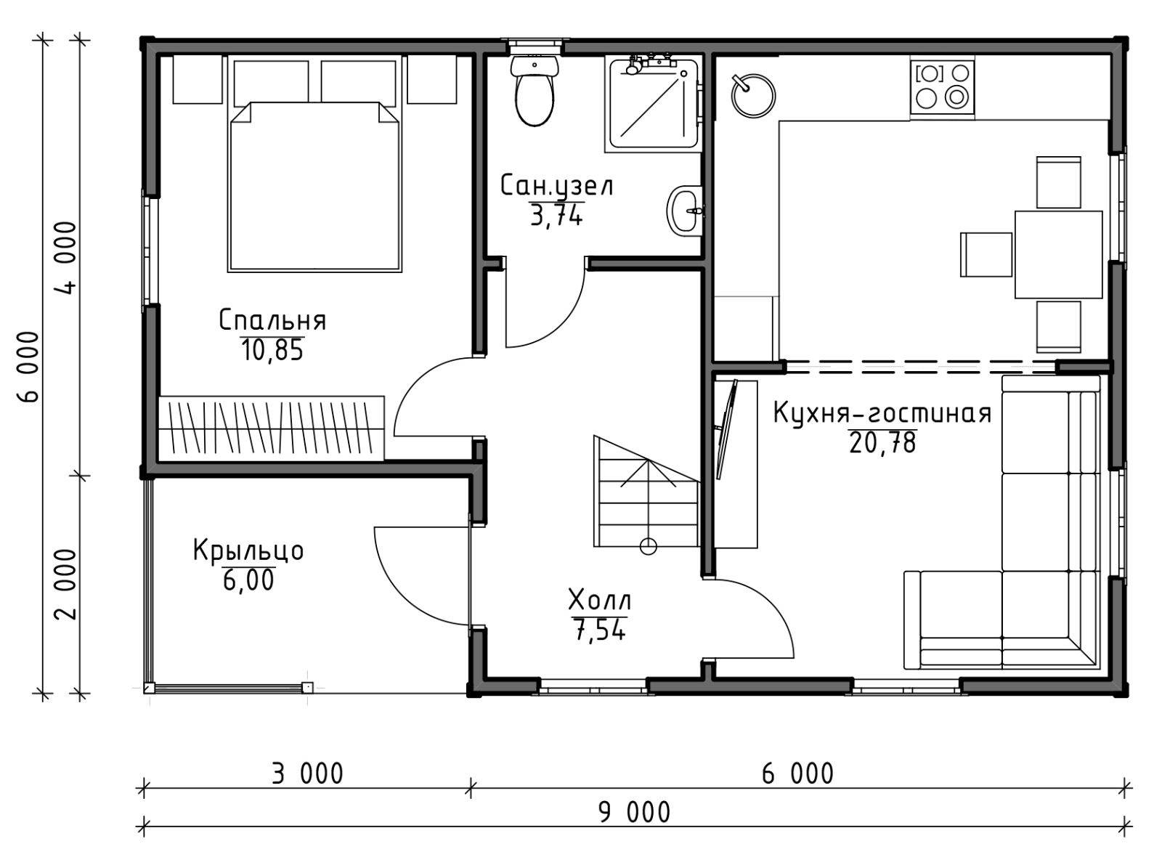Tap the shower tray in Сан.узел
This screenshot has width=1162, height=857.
(654, 104)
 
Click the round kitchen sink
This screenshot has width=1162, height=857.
(753, 96)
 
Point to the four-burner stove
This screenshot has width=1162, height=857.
(942, 86)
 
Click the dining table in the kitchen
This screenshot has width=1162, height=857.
(1058, 254)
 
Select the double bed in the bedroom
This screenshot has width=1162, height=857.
(314, 187)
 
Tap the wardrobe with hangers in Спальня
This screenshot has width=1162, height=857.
(272, 428)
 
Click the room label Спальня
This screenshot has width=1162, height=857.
(272, 320)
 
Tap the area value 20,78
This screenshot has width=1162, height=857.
(882, 443)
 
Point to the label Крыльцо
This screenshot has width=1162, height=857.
(248, 550)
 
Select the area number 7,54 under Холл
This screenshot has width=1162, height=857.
(600, 630)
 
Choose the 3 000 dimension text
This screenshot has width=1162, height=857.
(308, 773)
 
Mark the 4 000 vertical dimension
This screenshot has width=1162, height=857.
(67, 257)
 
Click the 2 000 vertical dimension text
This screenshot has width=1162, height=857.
(67, 585)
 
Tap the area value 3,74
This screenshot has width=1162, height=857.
(556, 215)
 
